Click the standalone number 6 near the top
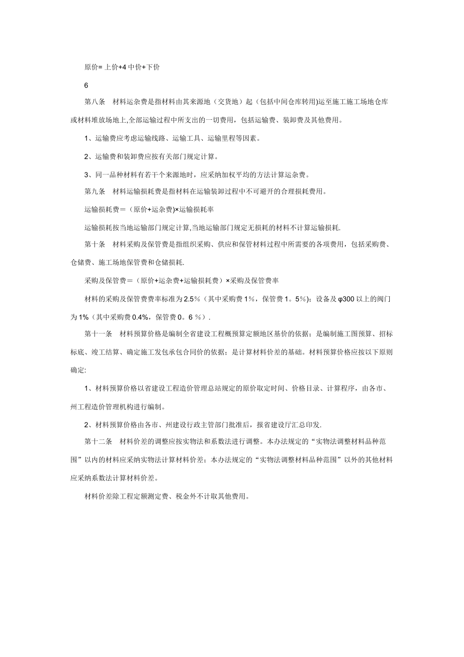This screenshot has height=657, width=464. [x=86, y=85]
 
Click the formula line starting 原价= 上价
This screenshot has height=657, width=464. [x=122, y=67]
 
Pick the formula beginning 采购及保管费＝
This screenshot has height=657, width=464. [x=181, y=281]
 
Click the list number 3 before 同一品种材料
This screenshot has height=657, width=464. [x=86, y=174]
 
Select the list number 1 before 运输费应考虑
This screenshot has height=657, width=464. [x=86, y=138]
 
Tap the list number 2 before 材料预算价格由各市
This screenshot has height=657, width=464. [x=86, y=424]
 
